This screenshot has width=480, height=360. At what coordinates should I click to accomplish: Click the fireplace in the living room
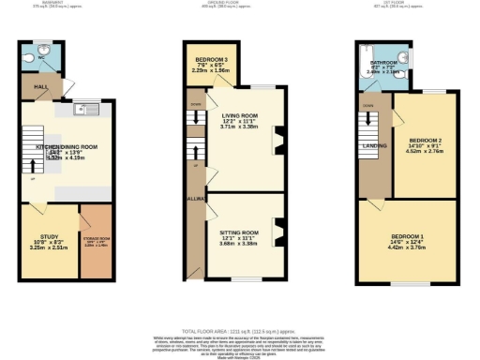[277, 141]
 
